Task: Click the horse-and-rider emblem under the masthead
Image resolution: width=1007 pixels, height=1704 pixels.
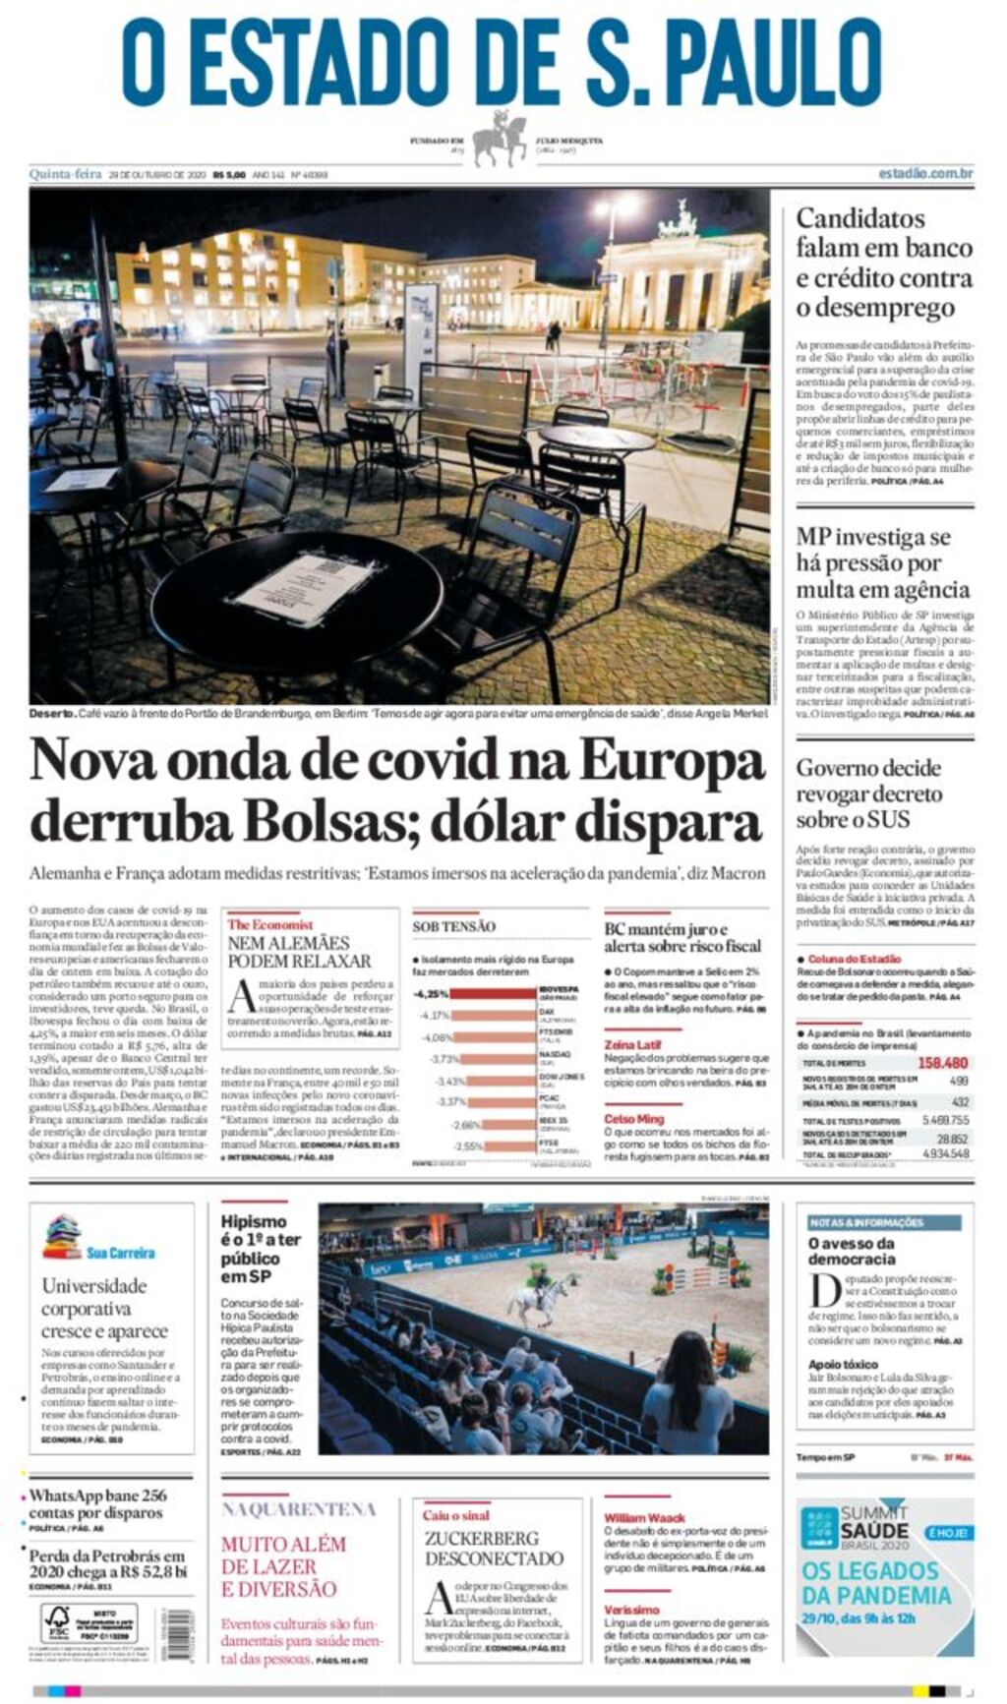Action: tap(501, 140)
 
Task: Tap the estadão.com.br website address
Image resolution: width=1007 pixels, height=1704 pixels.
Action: tap(924, 174)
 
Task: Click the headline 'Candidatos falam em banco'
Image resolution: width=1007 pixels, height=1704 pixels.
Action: tap(883, 233)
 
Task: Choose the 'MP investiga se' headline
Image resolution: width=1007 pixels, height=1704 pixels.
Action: tap(873, 537)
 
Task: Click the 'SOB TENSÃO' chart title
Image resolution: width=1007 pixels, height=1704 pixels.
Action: tap(453, 926)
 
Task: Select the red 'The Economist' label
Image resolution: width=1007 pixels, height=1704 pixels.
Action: tap(269, 924)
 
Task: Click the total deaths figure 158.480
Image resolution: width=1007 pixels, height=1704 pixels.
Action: tap(942, 1063)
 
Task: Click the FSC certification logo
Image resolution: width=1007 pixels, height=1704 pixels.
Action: tap(56, 1624)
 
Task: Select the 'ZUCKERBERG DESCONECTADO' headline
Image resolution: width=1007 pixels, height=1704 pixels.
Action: tap(494, 1548)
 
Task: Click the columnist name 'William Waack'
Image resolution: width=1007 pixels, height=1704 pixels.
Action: tap(644, 1518)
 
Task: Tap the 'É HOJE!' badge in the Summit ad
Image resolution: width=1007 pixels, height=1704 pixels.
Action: tap(948, 1533)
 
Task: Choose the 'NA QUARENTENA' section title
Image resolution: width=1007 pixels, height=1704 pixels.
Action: tap(298, 1509)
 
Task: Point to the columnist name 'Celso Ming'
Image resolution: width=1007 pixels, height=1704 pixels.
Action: tap(633, 1119)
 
